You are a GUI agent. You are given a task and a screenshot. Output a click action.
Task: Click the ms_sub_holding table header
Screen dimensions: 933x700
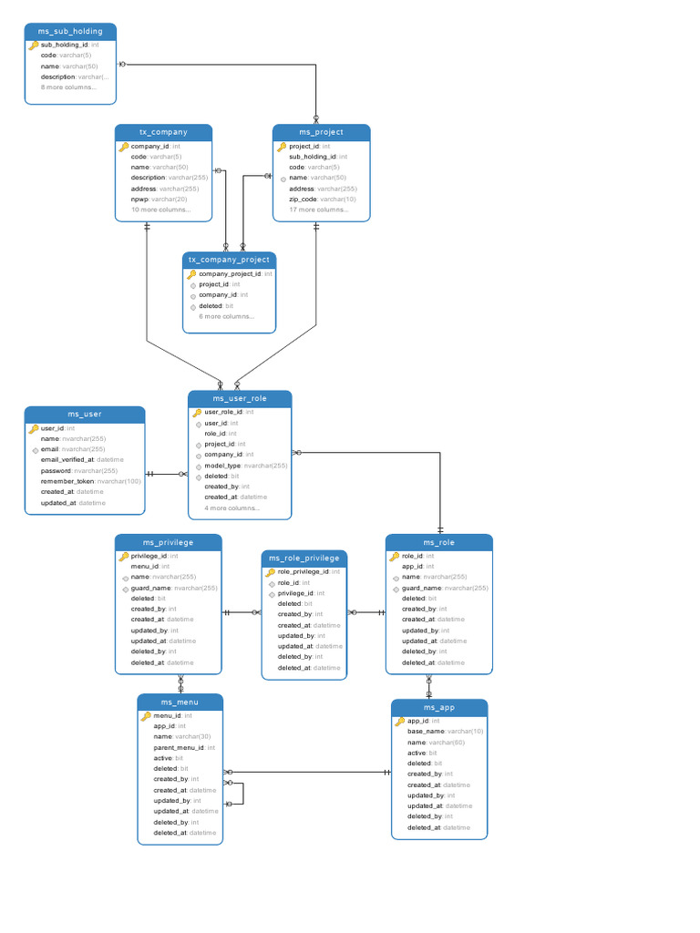[70, 31]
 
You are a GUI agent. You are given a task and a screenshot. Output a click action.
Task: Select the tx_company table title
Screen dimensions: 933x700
[164, 132]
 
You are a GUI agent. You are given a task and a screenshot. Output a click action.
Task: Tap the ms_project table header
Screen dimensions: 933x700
[322, 132]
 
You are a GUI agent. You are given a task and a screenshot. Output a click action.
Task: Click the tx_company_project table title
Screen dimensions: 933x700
[229, 260]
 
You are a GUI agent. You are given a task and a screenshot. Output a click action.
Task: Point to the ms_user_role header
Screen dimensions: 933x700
[240, 398]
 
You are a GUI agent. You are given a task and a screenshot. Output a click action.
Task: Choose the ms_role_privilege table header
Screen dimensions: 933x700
[304, 558]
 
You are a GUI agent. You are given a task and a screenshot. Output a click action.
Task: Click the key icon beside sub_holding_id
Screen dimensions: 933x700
[34, 45]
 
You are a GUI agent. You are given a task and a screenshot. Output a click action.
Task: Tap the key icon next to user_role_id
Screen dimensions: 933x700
[197, 412]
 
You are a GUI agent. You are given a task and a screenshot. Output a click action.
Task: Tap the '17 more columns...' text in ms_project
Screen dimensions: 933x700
[319, 210]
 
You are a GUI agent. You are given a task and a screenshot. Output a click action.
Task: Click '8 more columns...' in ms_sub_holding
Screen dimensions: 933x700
[68, 87]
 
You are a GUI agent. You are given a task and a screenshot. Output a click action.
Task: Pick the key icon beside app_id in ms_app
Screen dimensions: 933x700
[399, 721]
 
